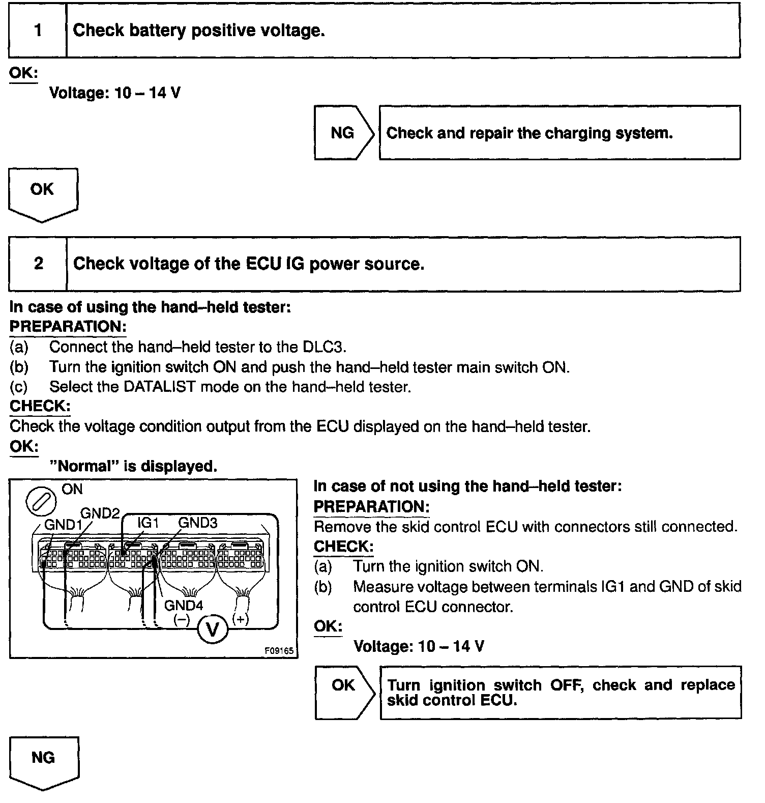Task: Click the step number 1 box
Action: coord(38,31)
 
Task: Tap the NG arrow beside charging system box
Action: coord(343,133)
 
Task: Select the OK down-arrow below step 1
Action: coord(43,193)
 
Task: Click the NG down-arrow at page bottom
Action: coord(44,761)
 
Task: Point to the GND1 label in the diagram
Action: coord(64,525)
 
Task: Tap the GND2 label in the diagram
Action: coord(100,513)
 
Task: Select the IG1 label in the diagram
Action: coord(149,523)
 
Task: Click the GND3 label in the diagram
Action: coord(198,523)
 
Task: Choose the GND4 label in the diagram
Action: coord(184,606)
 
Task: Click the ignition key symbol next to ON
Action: coord(41,503)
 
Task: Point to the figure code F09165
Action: coord(279,651)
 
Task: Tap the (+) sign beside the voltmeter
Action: coord(241,619)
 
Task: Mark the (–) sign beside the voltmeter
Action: coord(182,619)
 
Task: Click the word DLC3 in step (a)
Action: coord(323,347)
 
